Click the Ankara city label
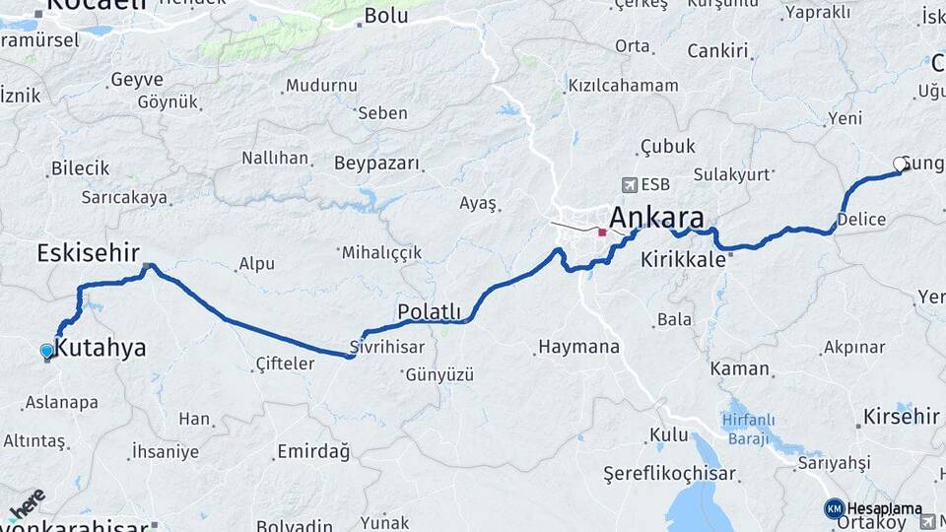657,218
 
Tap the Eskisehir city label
88,252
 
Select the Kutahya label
100,347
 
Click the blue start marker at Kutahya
47,351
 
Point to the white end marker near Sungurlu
900,164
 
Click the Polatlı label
429,311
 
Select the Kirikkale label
683,260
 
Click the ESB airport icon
630,184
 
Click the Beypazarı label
376,163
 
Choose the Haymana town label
578,347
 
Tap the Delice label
861,219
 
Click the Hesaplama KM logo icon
834,508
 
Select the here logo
27,502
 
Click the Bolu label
385,15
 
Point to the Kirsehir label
901,417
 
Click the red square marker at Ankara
602,233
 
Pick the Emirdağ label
313,451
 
